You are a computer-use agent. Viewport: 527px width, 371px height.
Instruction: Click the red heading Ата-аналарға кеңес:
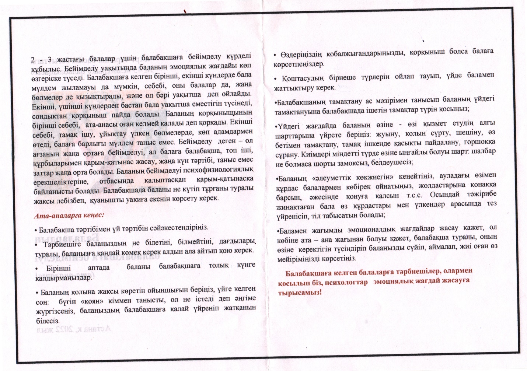tap(69, 216)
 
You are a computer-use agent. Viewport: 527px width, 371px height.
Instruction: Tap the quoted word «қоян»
tap(89, 301)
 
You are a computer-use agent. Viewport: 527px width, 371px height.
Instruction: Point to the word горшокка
tap(478, 142)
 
